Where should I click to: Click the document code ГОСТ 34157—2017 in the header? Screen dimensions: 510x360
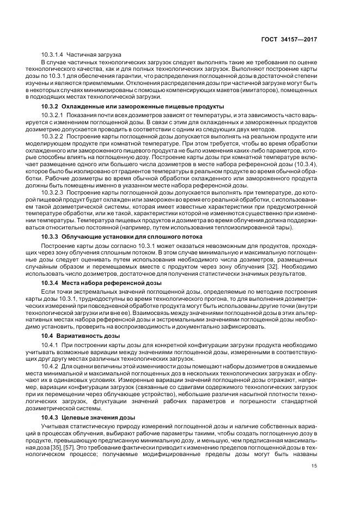pos(289,40)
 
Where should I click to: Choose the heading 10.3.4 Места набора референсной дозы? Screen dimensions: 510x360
pos(101,284)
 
